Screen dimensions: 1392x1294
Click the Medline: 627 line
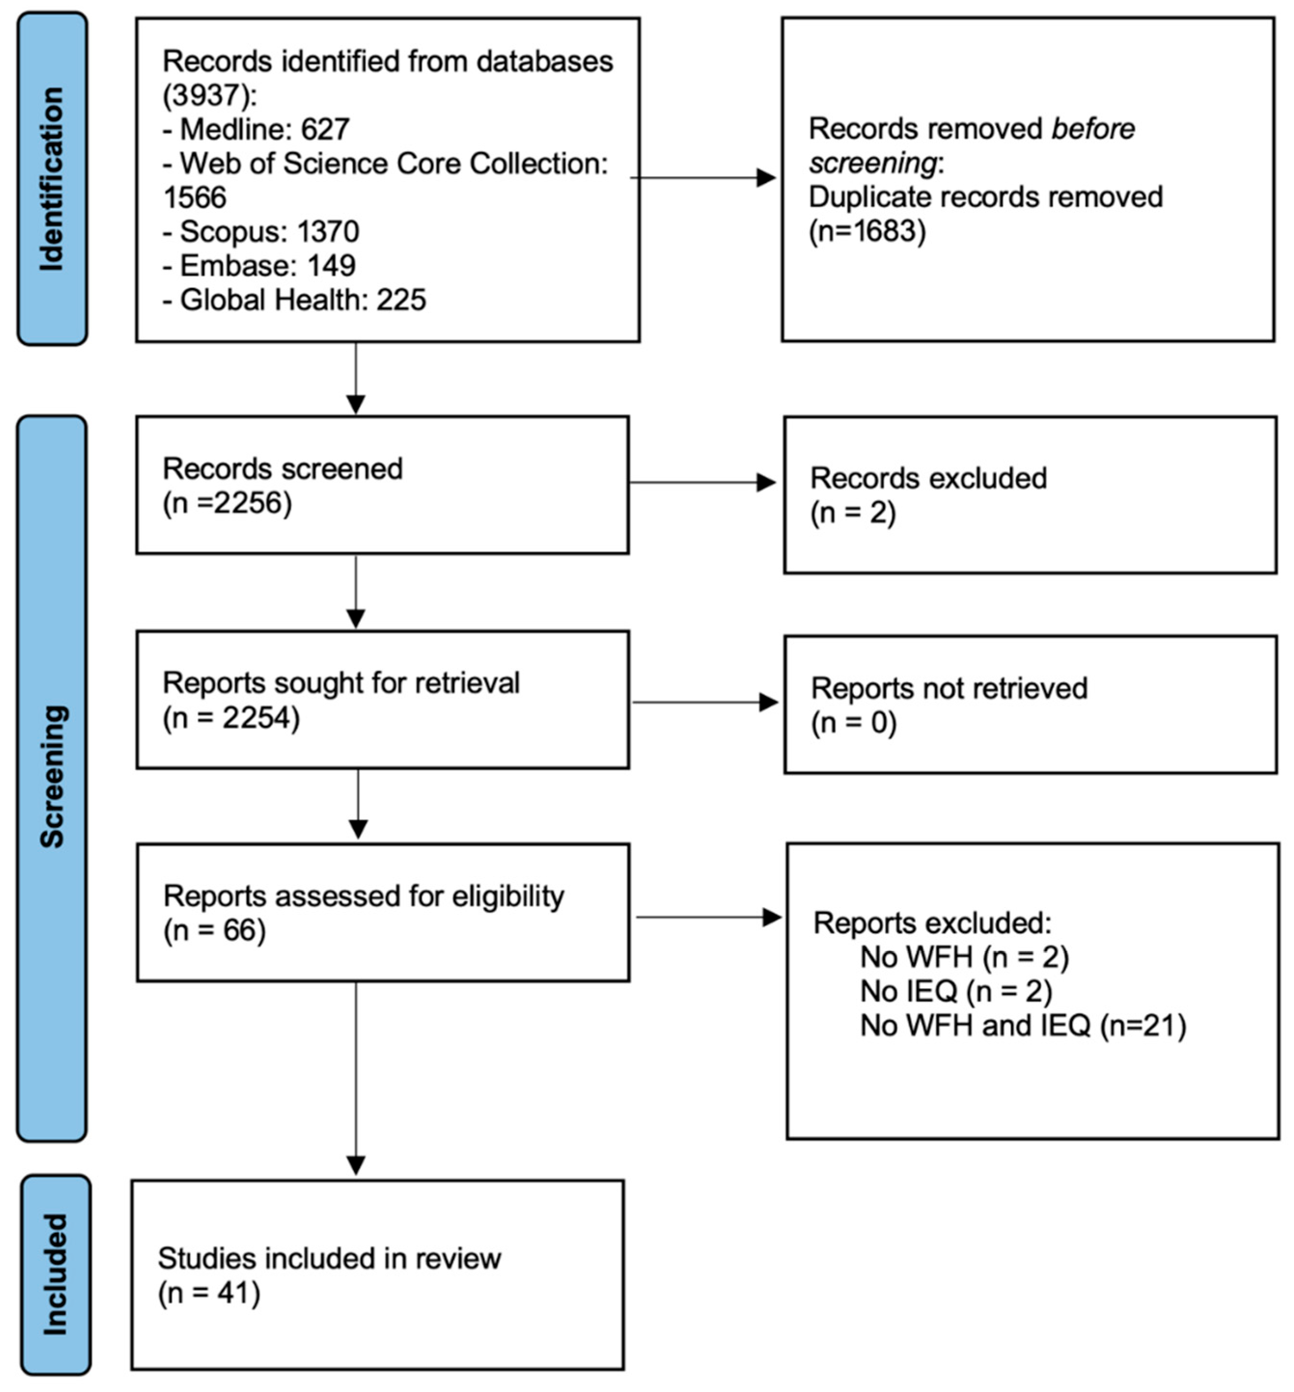[256, 129]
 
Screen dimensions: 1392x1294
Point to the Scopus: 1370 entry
[261, 231]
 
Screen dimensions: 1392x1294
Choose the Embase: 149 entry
[259, 265]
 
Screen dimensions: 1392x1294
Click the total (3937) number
[206, 95]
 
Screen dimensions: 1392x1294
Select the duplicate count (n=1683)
[867, 231]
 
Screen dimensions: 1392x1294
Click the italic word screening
[872, 163]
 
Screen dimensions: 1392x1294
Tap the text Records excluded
[928, 478]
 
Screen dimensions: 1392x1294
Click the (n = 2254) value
[231, 717]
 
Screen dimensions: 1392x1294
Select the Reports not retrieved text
[949, 689]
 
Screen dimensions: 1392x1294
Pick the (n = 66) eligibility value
[214, 931]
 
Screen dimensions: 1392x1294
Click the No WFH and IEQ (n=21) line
[1022, 1026]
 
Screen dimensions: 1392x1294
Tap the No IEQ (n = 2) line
[956, 992]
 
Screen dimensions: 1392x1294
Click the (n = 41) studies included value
[208, 1293]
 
